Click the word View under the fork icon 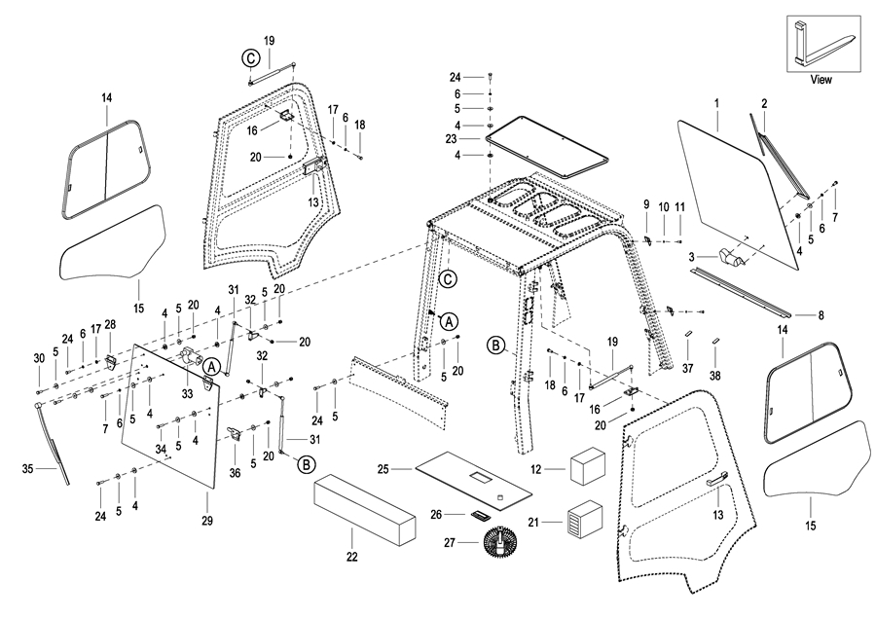[x=821, y=80]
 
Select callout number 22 [x=351, y=558]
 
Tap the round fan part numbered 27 [x=502, y=543]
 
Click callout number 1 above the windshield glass [x=716, y=102]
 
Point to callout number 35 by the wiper [x=27, y=469]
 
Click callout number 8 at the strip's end [x=821, y=314]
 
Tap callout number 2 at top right [x=764, y=102]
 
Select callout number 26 [x=436, y=514]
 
